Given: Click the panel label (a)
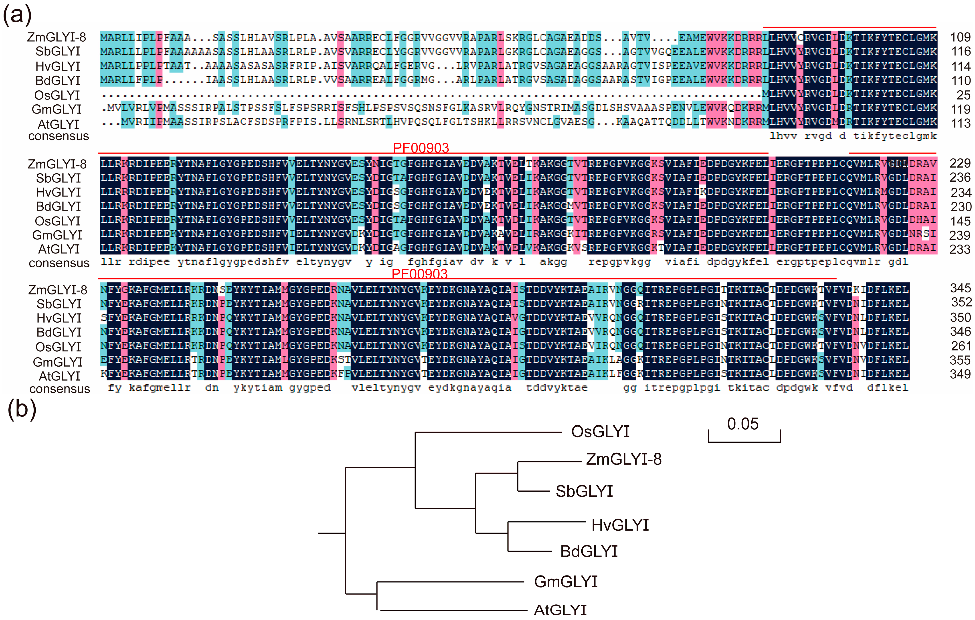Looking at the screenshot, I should [17, 15].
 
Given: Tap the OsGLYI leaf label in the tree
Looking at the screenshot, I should [600, 432].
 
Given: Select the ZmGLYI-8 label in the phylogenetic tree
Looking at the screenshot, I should [623, 459].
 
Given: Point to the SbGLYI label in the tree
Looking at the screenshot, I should [584, 491].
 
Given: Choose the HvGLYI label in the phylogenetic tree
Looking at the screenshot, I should [620, 525].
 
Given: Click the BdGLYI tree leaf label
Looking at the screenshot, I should [589, 551].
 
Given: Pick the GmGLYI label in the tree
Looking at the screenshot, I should [566, 582].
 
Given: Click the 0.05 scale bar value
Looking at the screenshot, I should [742, 424].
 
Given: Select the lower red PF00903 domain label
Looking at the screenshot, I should [419, 274].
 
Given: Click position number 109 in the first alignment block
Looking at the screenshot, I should [960, 37].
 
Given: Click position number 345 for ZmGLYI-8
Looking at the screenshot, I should [960, 288].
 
